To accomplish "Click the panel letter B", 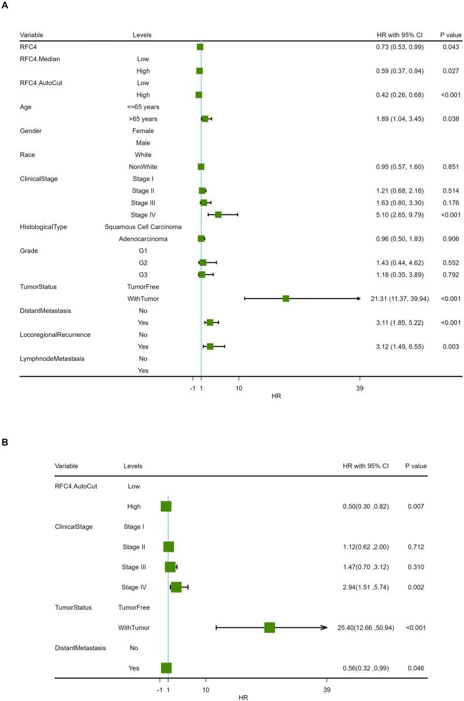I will (5, 442).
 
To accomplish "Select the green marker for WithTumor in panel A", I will (286, 299).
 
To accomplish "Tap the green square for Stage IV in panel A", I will (218, 215).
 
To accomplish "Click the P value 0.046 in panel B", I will (417, 668).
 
